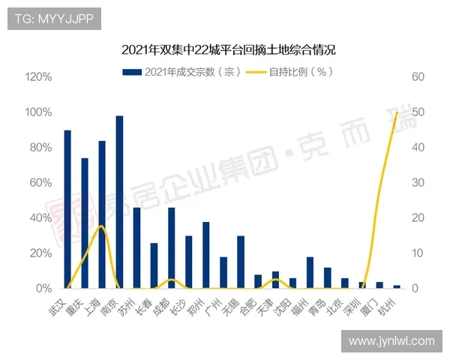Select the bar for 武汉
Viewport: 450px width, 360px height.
click(67, 209)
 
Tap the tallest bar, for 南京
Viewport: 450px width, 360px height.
click(119, 202)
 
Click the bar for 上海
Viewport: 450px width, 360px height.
click(102, 214)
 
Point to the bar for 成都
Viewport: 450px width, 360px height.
click(172, 247)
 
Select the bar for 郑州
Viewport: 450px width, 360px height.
click(206, 255)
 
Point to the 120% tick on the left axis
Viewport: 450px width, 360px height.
click(38, 77)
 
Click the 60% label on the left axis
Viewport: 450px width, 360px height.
click(40, 183)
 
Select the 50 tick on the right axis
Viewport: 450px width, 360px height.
click(418, 112)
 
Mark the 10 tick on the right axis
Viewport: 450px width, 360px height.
click(418, 253)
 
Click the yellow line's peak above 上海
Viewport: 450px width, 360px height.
click(101, 226)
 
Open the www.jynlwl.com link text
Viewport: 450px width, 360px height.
click(391, 341)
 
